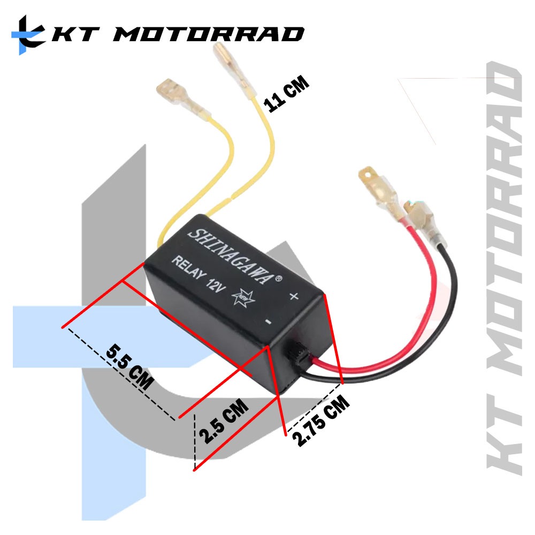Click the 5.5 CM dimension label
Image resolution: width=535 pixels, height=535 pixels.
[x=130, y=368]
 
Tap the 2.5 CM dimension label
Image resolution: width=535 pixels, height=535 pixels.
[x=223, y=421]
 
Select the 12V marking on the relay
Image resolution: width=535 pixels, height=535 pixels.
[x=217, y=287]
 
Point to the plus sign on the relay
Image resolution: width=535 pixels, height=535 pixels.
[x=293, y=296]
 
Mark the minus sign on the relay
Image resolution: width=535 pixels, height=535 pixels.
[x=268, y=322]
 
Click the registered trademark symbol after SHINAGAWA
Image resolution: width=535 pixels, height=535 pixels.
[x=278, y=278]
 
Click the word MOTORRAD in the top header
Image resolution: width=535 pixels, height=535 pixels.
[x=209, y=34]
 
